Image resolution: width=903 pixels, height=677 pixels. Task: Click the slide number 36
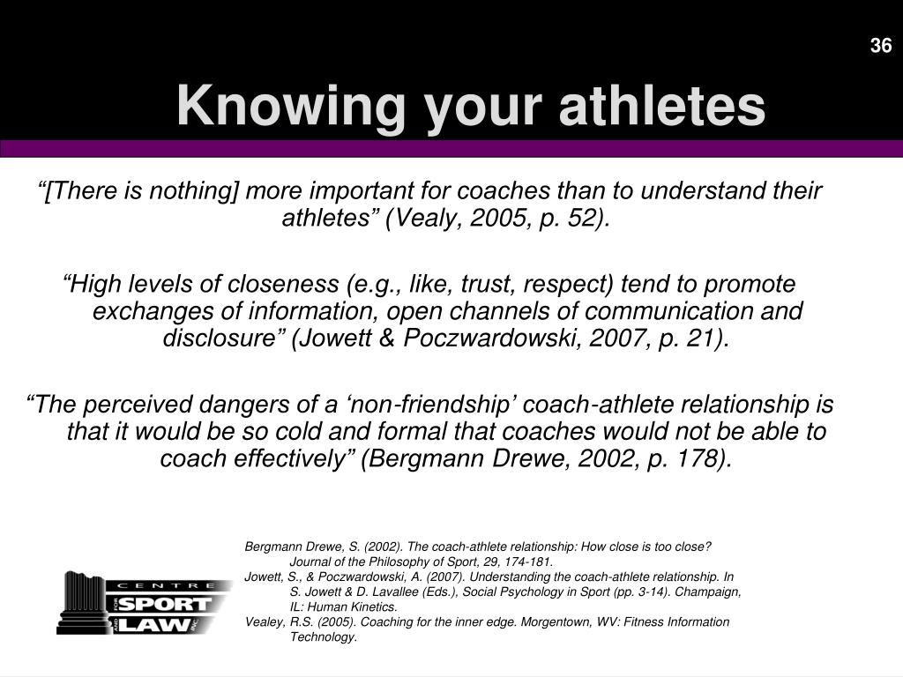click(881, 46)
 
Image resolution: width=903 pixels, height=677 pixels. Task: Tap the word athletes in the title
click(661, 107)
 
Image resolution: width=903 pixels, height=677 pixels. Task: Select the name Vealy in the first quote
click(425, 219)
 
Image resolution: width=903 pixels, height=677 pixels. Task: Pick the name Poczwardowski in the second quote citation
click(495, 338)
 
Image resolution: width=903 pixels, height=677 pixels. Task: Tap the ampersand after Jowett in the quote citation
click(387, 338)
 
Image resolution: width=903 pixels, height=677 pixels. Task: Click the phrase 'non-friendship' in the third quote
click(429, 404)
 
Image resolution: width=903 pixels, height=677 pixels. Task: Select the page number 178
click(699, 458)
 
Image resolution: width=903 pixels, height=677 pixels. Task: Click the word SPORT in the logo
click(165, 605)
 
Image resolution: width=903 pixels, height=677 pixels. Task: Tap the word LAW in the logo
click(154, 625)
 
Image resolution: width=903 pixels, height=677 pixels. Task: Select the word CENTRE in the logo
click(167, 585)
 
